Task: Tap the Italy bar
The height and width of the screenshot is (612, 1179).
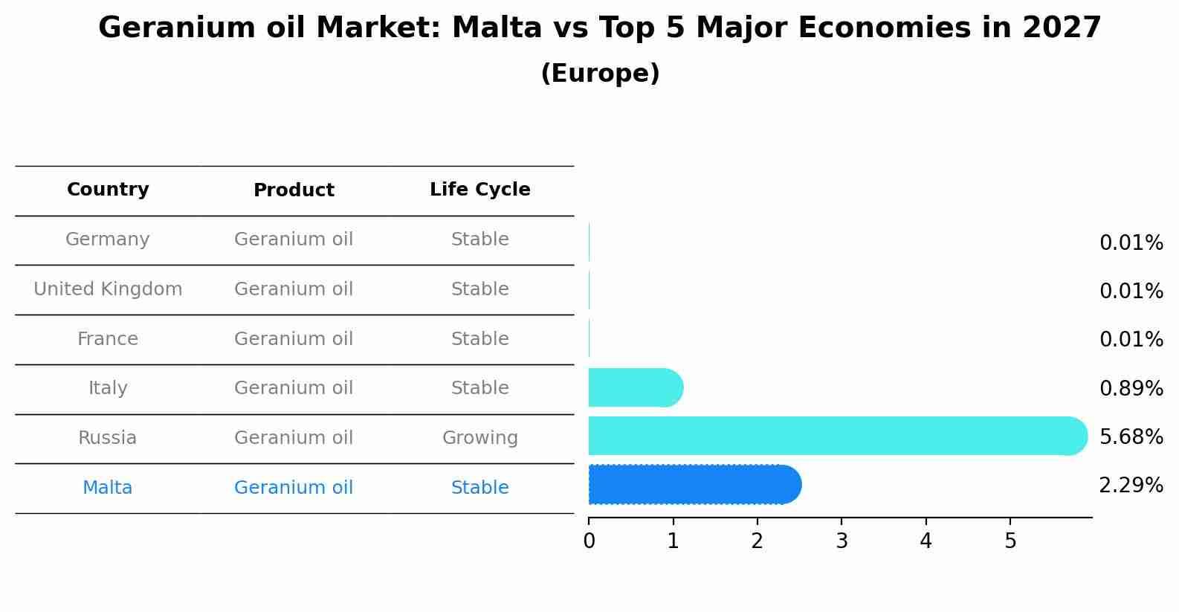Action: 635,387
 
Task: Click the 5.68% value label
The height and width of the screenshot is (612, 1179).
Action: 1131,437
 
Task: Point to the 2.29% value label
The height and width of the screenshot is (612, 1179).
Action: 1131,486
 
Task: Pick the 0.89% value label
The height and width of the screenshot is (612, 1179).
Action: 1131,388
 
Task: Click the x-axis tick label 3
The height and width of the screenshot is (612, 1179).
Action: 842,541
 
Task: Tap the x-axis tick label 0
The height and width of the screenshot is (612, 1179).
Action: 589,541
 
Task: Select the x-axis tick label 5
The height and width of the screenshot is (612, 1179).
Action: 1010,541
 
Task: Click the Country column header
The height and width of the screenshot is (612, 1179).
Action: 108,190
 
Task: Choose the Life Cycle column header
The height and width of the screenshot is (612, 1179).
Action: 479,190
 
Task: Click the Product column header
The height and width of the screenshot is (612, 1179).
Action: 294,190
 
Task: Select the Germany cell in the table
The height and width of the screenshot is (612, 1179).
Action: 108,239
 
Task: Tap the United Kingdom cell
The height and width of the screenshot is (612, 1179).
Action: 108,289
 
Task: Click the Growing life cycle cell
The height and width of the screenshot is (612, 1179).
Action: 479,438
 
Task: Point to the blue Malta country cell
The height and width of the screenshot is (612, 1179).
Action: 108,488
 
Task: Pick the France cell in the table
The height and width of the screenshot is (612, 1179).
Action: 108,339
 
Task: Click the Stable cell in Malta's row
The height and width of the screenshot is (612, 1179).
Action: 479,488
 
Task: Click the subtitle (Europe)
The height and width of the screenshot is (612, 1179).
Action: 600,74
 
